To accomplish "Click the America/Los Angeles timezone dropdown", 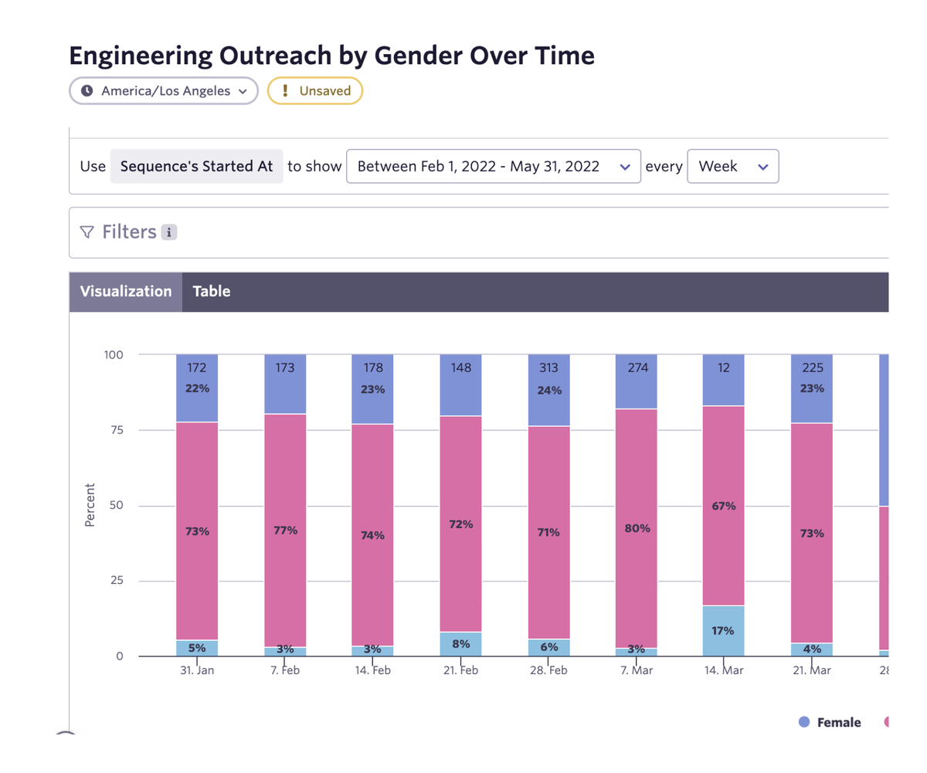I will [163, 90].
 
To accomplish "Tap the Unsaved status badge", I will [315, 90].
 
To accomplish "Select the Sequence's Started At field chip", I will [196, 166].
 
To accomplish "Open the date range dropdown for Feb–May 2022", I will [493, 166].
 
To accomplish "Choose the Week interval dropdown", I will [732, 166].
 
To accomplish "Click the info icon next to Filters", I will [169, 232].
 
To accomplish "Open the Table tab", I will [212, 291].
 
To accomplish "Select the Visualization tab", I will [126, 291].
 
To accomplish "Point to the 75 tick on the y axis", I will [114, 430].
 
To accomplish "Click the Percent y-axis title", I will [90, 505].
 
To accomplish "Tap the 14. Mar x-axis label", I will [724, 670].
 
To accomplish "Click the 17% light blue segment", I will [724, 630].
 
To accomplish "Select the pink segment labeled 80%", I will [636, 530].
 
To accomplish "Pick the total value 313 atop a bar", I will [548, 368].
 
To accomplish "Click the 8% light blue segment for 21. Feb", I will [460, 644].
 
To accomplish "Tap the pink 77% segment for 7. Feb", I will [285, 530].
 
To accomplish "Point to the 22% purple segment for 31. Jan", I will [197, 389].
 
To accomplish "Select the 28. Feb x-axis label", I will [548, 670].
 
